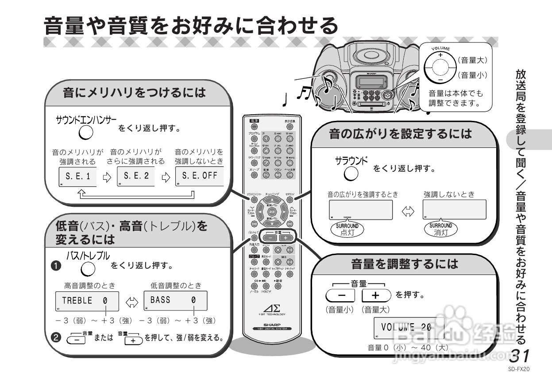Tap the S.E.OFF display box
click(199, 176)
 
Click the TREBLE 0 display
click(87, 301)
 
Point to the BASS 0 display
click(175, 301)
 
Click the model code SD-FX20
click(519, 369)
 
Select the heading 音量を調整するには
click(404, 265)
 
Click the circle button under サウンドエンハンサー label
click(86, 132)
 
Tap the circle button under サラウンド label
click(351, 174)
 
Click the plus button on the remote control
click(285, 237)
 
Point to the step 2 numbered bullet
click(56, 337)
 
